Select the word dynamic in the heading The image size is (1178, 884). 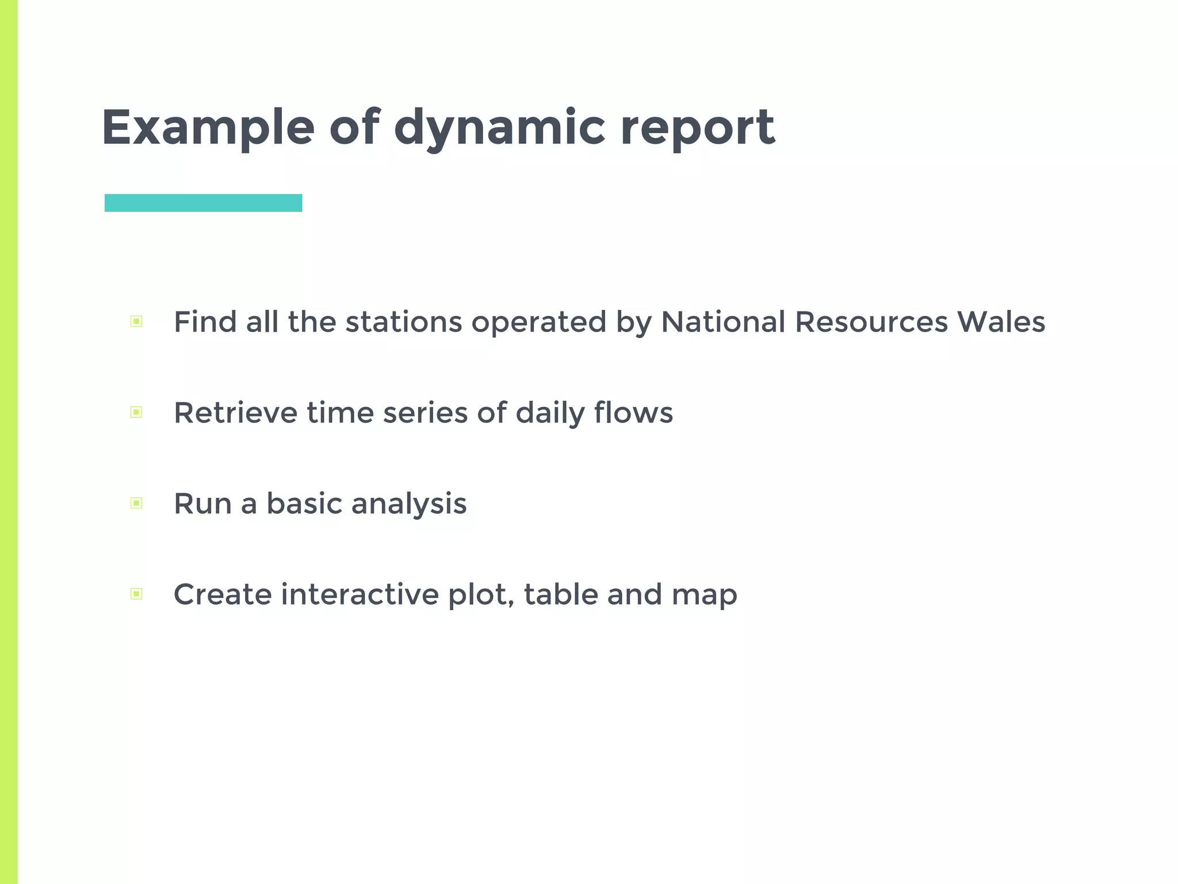pos(499,128)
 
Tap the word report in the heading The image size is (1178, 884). pos(697,128)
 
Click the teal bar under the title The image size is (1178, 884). pos(203,203)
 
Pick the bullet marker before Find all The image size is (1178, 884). pos(136,321)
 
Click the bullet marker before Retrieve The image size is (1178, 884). pos(136,412)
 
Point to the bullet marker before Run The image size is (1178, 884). pos(136,503)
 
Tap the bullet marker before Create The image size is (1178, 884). pos(136,594)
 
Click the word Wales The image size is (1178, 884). pos(1000,322)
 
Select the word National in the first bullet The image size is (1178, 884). pos(722,322)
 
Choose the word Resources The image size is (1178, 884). pos(871,322)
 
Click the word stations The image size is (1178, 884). pos(403,322)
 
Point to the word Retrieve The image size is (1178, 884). pos(235,413)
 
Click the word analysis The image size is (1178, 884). pos(408,504)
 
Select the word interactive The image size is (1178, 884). pos(359,595)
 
